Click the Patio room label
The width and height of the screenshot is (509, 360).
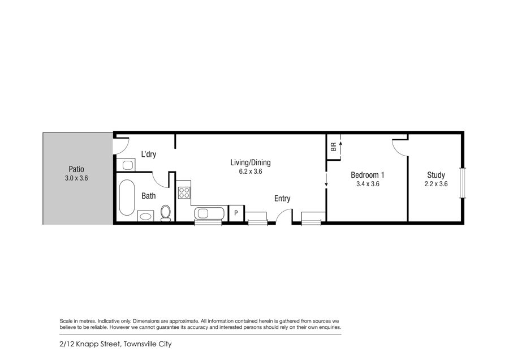pyautogui.click(x=76, y=169)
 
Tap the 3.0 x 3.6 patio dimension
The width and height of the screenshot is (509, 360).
pyautogui.click(x=76, y=178)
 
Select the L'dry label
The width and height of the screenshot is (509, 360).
pyautogui.click(x=149, y=154)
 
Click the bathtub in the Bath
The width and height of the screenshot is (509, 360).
pyautogui.click(x=127, y=198)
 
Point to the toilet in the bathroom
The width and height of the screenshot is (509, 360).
pyautogui.click(x=166, y=213)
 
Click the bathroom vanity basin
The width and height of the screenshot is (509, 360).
pyautogui.click(x=145, y=216)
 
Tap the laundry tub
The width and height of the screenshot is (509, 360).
pyautogui.click(x=126, y=165)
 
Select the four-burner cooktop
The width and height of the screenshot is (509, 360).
pyautogui.click(x=184, y=192)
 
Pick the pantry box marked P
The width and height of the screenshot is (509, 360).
pyautogui.click(x=236, y=213)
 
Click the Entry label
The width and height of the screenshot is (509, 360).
pyautogui.click(x=282, y=198)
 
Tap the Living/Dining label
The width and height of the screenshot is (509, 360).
pyautogui.click(x=251, y=162)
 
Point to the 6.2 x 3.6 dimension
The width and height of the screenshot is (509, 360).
pyautogui.click(x=251, y=172)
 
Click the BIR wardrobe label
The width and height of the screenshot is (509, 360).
pyautogui.click(x=333, y=147)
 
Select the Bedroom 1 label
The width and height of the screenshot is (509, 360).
pyautogui.click(x=368, y=175)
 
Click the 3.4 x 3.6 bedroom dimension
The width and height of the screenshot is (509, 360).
pyautogui.click(x=368, y=184)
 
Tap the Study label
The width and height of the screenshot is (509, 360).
pyautogui.click(x=436, y=175)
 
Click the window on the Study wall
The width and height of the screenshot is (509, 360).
pyautogui.click(x=463, y=183)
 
